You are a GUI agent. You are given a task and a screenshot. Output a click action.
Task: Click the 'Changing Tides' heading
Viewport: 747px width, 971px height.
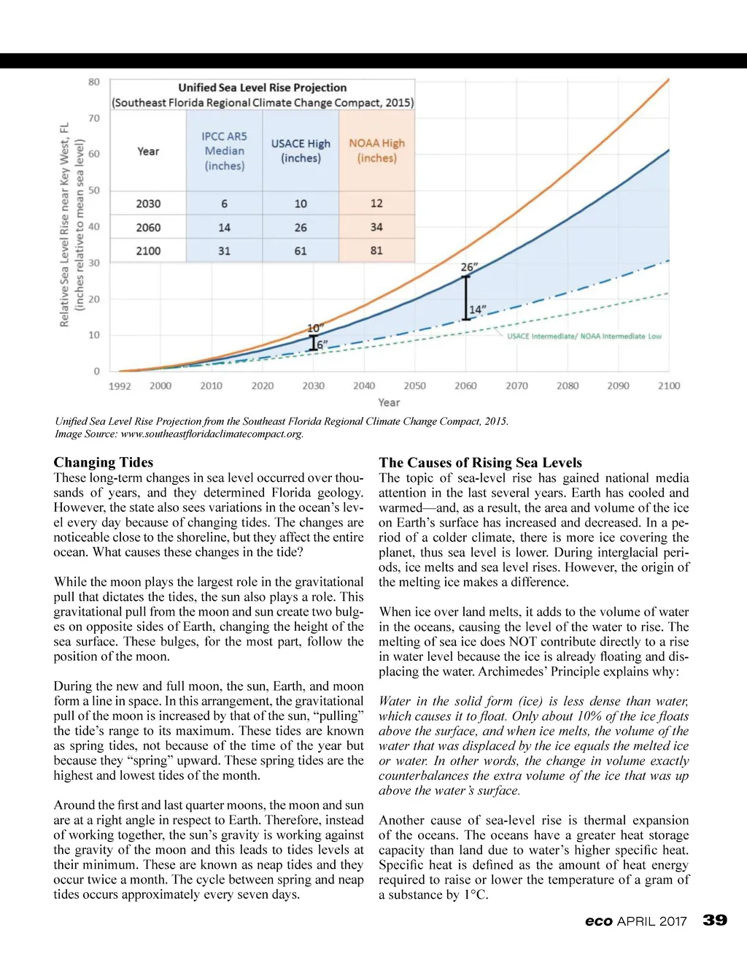(x=104, y=462)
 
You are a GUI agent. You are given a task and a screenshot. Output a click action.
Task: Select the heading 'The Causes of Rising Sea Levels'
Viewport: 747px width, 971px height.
(x=480, y=462)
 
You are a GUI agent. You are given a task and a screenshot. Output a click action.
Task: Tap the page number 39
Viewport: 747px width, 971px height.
(x=715, y=920)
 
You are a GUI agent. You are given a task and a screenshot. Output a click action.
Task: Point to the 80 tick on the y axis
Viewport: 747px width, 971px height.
(x=94, y=82)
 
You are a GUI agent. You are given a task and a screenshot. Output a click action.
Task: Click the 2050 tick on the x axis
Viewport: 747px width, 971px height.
(x=414, y=385)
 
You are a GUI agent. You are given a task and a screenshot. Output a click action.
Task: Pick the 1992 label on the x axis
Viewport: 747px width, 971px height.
(x=120, y=385)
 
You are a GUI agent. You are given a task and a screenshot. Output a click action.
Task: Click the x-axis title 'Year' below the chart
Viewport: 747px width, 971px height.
(x=389, y=402)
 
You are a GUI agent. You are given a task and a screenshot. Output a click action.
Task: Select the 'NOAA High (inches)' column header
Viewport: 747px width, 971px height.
(x=376, y=150)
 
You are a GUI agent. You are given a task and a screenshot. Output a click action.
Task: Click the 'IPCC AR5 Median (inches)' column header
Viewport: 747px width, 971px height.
(x=224, y=150)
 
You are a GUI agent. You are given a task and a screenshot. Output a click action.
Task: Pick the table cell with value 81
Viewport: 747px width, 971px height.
(x=376, y=250)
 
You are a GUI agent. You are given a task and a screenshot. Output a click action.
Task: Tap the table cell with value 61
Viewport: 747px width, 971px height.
(x=301, y=250)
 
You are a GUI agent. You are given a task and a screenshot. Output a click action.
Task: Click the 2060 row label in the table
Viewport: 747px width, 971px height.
(x=148, y=227)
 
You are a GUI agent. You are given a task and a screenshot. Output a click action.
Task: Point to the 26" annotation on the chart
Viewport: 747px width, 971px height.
(x=469, y=267)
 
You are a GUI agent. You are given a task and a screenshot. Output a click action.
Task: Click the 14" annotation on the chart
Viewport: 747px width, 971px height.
(x=477, y=310)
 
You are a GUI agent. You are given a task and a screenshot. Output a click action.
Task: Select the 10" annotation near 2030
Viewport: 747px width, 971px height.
(x=315, y=328)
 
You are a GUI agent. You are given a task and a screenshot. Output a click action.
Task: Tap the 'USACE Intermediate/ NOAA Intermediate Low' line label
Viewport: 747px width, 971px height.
(x=584, y=337)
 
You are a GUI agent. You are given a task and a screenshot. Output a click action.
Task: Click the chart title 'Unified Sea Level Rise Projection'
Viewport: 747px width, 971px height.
(x=263, y=88)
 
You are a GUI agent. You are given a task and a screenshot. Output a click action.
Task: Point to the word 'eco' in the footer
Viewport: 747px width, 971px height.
(x=598, y=921)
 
